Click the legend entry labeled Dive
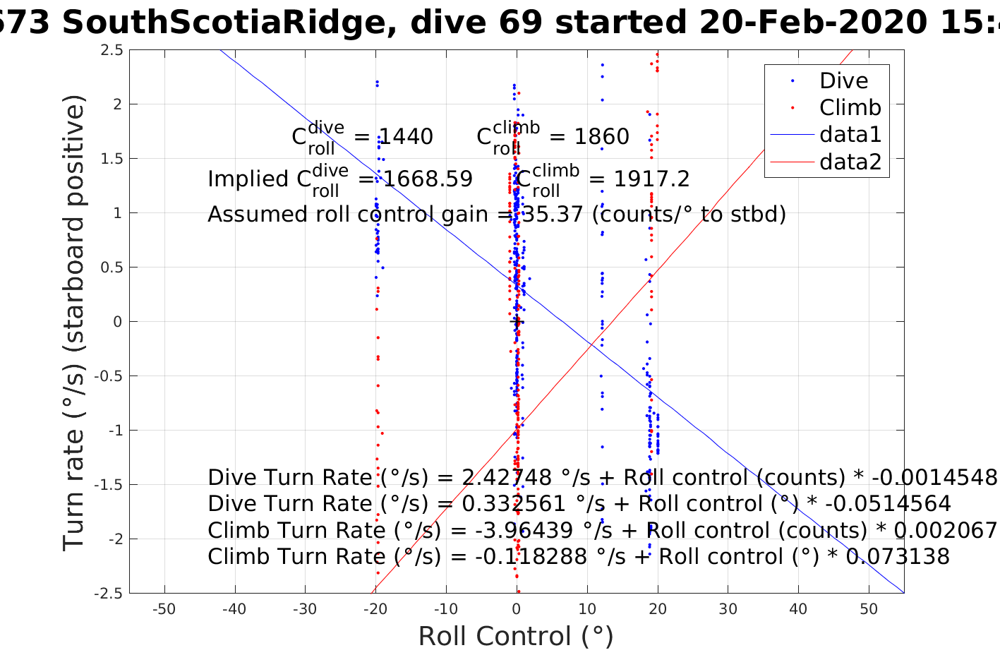click(x=843, y=80)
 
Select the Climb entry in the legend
click(x=850, y=107)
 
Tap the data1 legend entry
click(x=850, y=134)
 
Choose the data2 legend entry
click(x=850, y=162)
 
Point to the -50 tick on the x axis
click(x=164, y=609)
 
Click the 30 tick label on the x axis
click(x=728, y=609)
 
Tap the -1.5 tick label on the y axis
click(x=109, y=485)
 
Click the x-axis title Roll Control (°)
click(x=516, y=637)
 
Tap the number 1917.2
click(x=651, y=179)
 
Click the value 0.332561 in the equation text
click(x=513, y=504)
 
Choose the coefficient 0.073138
click(x=898, y=557)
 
